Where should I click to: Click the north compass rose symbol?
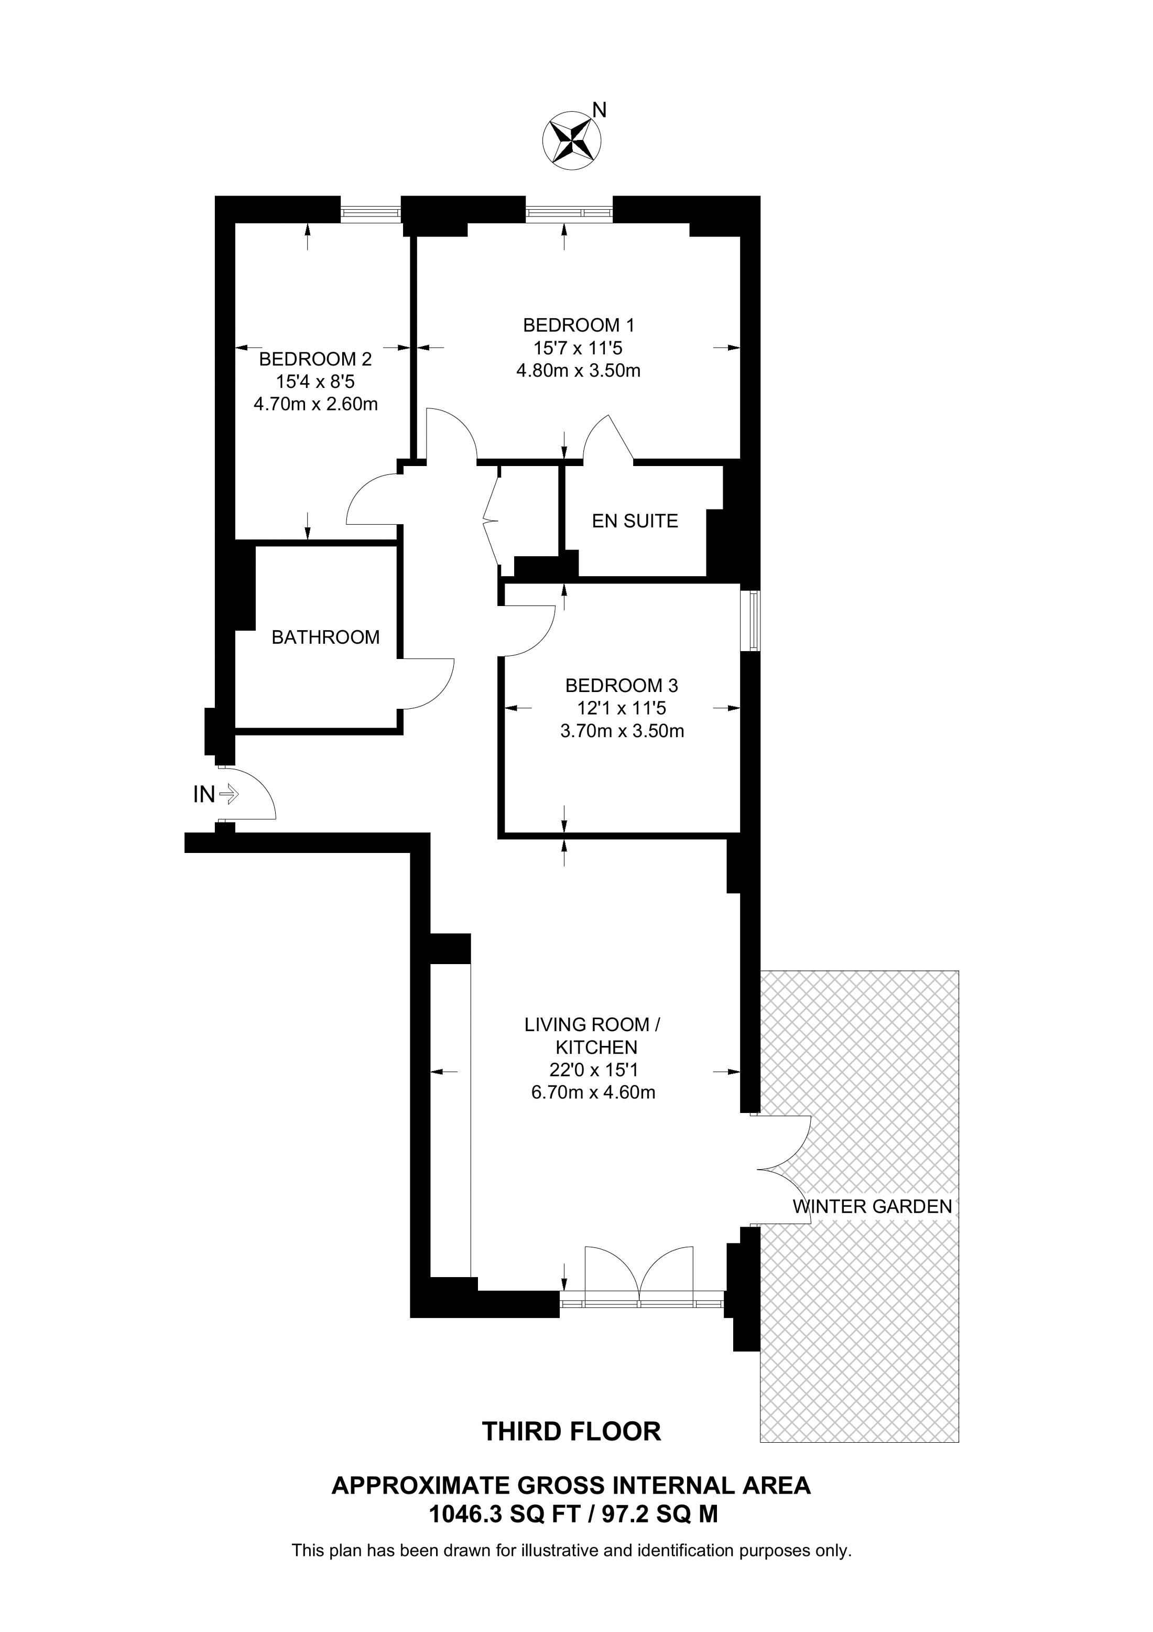click(571, 140)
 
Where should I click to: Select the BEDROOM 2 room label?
click(316, 359)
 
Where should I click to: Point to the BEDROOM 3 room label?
click(622, 686)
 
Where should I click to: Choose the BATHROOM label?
click(325, 637)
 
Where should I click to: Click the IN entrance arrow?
click(229, 794)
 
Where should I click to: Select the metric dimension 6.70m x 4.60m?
click(593, 1093)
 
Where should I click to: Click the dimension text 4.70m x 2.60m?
click(316, 404)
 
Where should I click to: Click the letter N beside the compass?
click(600, 110)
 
